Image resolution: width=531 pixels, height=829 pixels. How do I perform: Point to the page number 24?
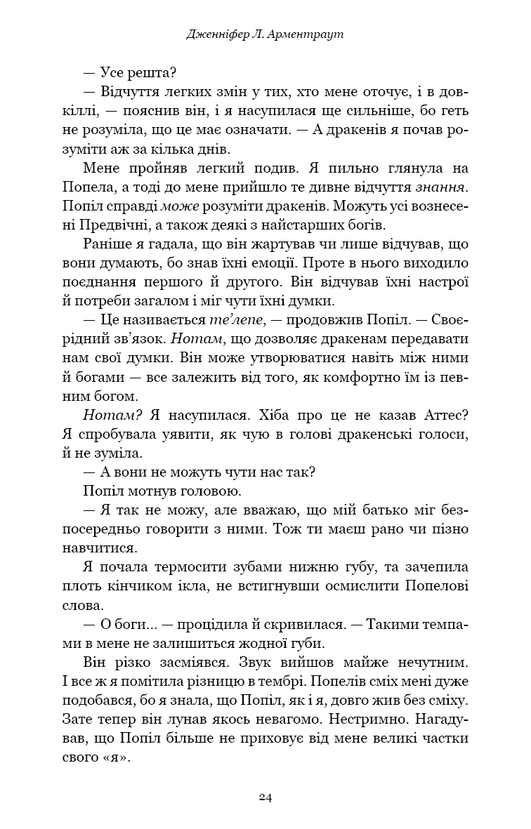click(265, 797)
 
